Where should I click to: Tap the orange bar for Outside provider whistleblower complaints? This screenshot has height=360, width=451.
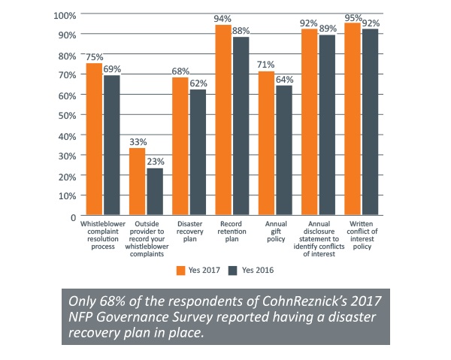click(x=136, y=181)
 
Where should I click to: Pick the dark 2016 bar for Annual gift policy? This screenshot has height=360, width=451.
click(x=283, y=150)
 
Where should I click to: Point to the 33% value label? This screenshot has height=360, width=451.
click(x=137, y=141)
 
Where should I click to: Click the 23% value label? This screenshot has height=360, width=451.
click(x=156, y=162)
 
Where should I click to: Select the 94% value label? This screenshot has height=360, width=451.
click(x=223, y=18)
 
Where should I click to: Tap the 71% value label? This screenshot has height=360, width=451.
click(x=266, y=65)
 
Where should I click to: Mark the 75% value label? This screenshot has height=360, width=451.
click(x=94, y=56)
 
